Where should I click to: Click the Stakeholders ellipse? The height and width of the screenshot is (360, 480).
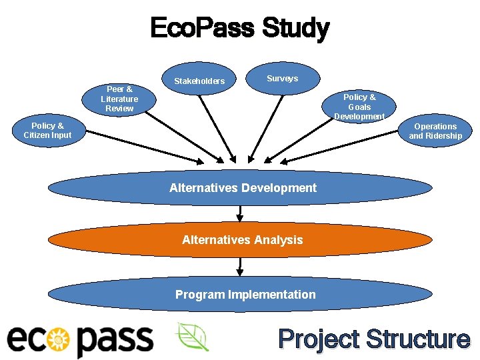[x=199, y=81]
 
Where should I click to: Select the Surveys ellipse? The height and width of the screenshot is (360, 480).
[x=282, y=79]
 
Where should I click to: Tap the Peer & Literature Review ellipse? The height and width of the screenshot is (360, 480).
[x=119, y=99]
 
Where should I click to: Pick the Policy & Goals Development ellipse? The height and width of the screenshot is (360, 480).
[x=359, y=107]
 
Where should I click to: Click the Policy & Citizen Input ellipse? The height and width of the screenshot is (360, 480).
[x=47, y=131]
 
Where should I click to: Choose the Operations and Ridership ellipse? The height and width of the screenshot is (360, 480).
[x=435, y=131]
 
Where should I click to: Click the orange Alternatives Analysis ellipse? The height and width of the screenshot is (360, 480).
[x=242, y=240]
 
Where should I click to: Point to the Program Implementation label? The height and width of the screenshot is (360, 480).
[x=245, y=295]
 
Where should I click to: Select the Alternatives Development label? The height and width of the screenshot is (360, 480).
[x=243, y=188]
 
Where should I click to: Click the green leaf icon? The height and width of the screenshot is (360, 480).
[x=192, y=337]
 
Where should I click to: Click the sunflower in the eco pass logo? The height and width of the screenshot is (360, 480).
[x=61, y=339]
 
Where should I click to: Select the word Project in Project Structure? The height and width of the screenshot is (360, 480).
[x=319, y=339]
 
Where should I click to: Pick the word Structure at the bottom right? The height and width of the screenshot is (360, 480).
[x=417, y=339]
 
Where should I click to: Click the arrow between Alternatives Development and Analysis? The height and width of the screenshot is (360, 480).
[x=240, y=213]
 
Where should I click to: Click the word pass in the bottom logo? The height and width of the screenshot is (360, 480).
[x=114, y=341]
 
